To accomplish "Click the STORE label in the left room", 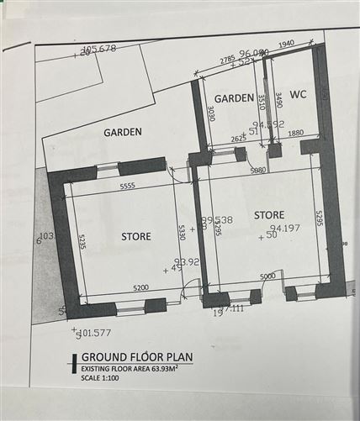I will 135,236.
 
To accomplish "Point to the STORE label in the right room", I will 268,215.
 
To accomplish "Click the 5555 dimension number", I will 129,186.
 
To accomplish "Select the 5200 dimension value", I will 141,288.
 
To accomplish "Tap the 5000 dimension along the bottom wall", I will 267,276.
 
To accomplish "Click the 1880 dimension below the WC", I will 295,132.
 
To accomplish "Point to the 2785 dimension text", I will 227,61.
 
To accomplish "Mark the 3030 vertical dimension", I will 211,114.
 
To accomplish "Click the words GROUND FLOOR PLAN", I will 137,357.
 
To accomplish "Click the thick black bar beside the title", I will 73,363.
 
